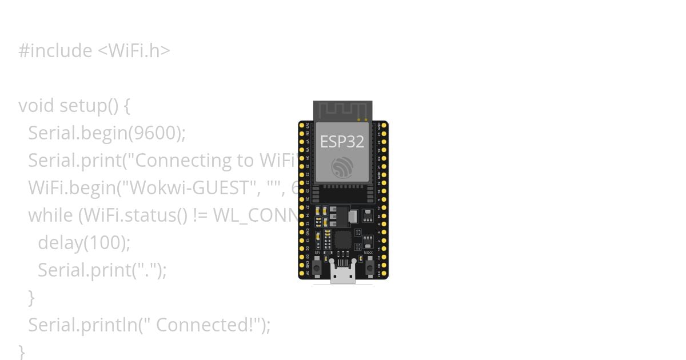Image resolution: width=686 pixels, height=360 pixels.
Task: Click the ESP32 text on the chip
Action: pyautogui.click(x=342, y=142)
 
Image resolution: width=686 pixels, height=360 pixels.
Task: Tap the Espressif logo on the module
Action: pyautogui.click(x=342, y=167)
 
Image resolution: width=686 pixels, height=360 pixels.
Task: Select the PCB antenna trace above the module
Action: pyautogui.click(x=342, y=110)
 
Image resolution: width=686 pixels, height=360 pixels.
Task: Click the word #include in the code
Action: pyautogui.click(x=55, y=51)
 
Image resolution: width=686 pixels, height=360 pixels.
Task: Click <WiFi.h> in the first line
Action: pyautogui.click(x=134, y=51)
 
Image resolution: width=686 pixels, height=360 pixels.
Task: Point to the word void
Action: pyautogui.click(x=36, y=106)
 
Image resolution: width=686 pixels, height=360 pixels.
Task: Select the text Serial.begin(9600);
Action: pyautogui.click(x=107, y=133)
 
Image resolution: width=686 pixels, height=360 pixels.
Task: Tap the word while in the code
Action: pyautogui.click(x=50, y=215)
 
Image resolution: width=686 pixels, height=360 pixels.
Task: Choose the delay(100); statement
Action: pyautogui.click(x=84, y=243)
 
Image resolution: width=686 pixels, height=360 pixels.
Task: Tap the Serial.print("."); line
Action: pyautogui.click(x=102, y=270)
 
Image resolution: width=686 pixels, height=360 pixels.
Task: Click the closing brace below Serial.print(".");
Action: pyautogui.click(x=31, y=298)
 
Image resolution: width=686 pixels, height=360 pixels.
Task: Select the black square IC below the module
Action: pyautogui.click(x=342, y=239)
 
